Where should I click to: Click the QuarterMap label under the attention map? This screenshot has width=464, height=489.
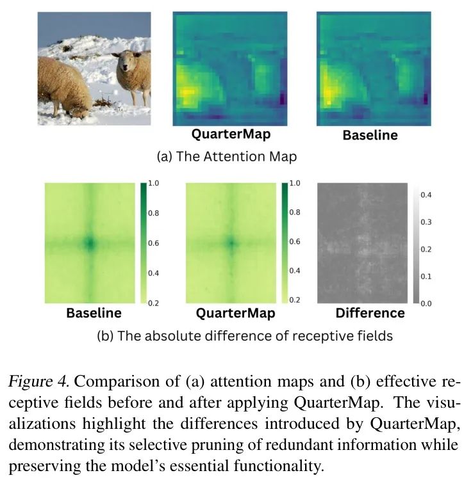[230, 134]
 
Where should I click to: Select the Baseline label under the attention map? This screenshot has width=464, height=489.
[370, 135]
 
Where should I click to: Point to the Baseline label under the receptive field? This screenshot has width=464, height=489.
[94, 314]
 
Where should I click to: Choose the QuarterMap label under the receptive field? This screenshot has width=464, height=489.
[235, 314]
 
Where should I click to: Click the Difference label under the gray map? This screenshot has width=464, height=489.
[370, 314]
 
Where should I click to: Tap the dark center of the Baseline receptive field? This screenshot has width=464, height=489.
[90, 243]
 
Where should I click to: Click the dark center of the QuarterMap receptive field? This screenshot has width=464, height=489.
[231, 243]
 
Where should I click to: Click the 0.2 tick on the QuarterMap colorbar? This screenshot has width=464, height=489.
[295, 300]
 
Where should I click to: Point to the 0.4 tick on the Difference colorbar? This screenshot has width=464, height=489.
[427, 194]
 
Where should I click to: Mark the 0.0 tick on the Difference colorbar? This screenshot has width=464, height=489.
[427, 302]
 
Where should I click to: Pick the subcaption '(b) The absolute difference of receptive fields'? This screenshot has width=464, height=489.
[244, 336]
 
